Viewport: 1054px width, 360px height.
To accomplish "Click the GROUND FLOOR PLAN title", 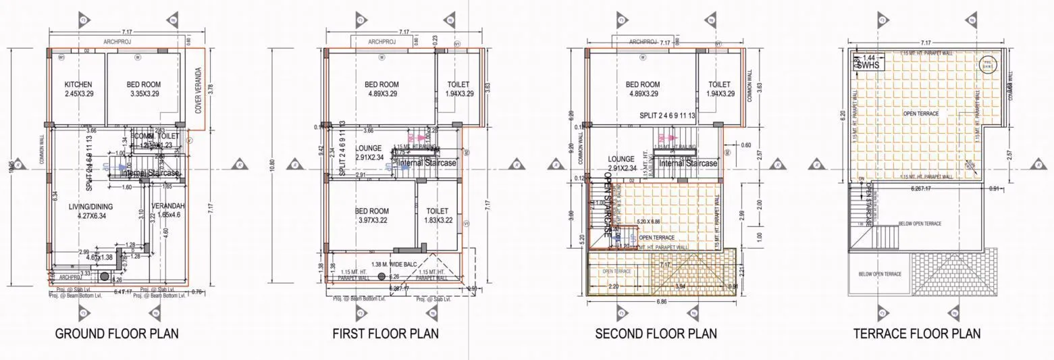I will coord(116,334).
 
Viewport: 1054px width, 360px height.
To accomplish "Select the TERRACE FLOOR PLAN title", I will coord(916,334).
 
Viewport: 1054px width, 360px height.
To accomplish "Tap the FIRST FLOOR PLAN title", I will coord(385,334).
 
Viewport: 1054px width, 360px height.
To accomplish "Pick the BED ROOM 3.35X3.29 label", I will coord(143,88).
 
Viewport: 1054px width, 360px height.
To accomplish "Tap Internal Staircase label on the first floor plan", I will coord(427,163).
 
